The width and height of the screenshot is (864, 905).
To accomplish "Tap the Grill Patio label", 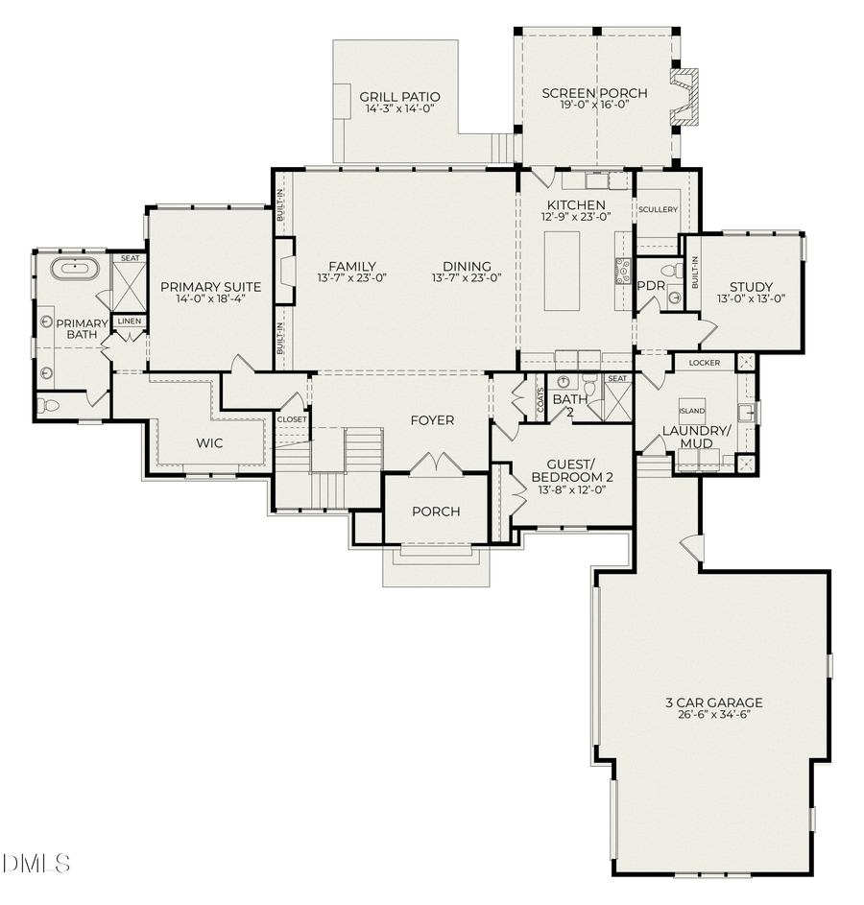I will pyautogui.click(x=399, y=97).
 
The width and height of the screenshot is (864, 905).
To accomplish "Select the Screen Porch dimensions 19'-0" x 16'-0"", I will pyautogui.click(x=593, y=106).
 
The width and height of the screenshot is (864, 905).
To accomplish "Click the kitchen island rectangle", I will pyautogui.click(x=562, y=270).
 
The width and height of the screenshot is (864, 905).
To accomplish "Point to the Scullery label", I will pyautogui.click(x=658, y=209).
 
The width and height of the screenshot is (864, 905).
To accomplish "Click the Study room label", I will pyautogui.click(x=751, y=286).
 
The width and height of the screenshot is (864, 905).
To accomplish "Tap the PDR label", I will pyautogui.click(x=651, y=285).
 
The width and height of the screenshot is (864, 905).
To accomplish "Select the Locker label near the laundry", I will pyautogui.click(x=704, y=363).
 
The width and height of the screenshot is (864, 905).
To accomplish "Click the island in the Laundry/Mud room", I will pyautogui.click(x=691, y=411).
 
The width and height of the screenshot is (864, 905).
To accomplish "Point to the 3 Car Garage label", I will pyautogui.click(x=713, y=703).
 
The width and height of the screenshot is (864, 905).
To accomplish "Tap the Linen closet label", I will pyautogui.click(x=128, y=321).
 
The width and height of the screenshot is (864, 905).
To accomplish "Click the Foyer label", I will pyautogui.click(x=432, y=420).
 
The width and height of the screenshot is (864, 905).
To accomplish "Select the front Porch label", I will pyautogui.click(x=436, y=512).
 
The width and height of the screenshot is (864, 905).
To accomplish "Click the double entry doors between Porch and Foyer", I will pyautogui.click(x=436, y=465).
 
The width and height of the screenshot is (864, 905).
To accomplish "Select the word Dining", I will pyautogui.click(x=467, y=267).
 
